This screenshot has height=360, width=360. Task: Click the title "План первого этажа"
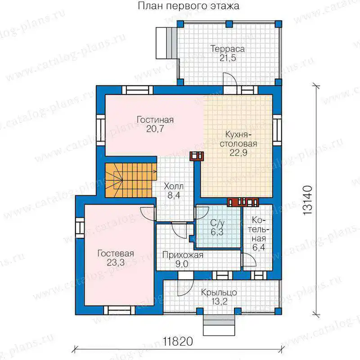(188, 6)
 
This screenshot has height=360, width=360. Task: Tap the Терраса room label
(228, 49)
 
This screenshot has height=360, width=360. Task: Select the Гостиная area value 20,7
(155, 129)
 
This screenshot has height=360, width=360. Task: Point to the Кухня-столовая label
(238, 139)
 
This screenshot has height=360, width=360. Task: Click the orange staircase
(130, 180)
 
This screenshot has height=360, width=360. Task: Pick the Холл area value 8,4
(174, 195)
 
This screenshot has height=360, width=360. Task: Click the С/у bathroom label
(217, 223)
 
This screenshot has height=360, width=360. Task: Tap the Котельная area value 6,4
(259, 247)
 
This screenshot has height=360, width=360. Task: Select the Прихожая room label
(183, 255)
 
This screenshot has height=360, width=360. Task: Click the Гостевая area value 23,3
(116, 262)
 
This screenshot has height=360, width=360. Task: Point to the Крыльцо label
(219, 292)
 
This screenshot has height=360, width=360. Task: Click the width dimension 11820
(178, 342)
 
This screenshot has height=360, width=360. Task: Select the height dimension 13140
(308, 200)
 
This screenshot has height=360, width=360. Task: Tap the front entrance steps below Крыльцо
(219, 325)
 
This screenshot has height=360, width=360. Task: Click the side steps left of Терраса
(166, 43)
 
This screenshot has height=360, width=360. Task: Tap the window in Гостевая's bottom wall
(119, 310)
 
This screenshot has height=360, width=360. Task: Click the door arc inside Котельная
(249, 260)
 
